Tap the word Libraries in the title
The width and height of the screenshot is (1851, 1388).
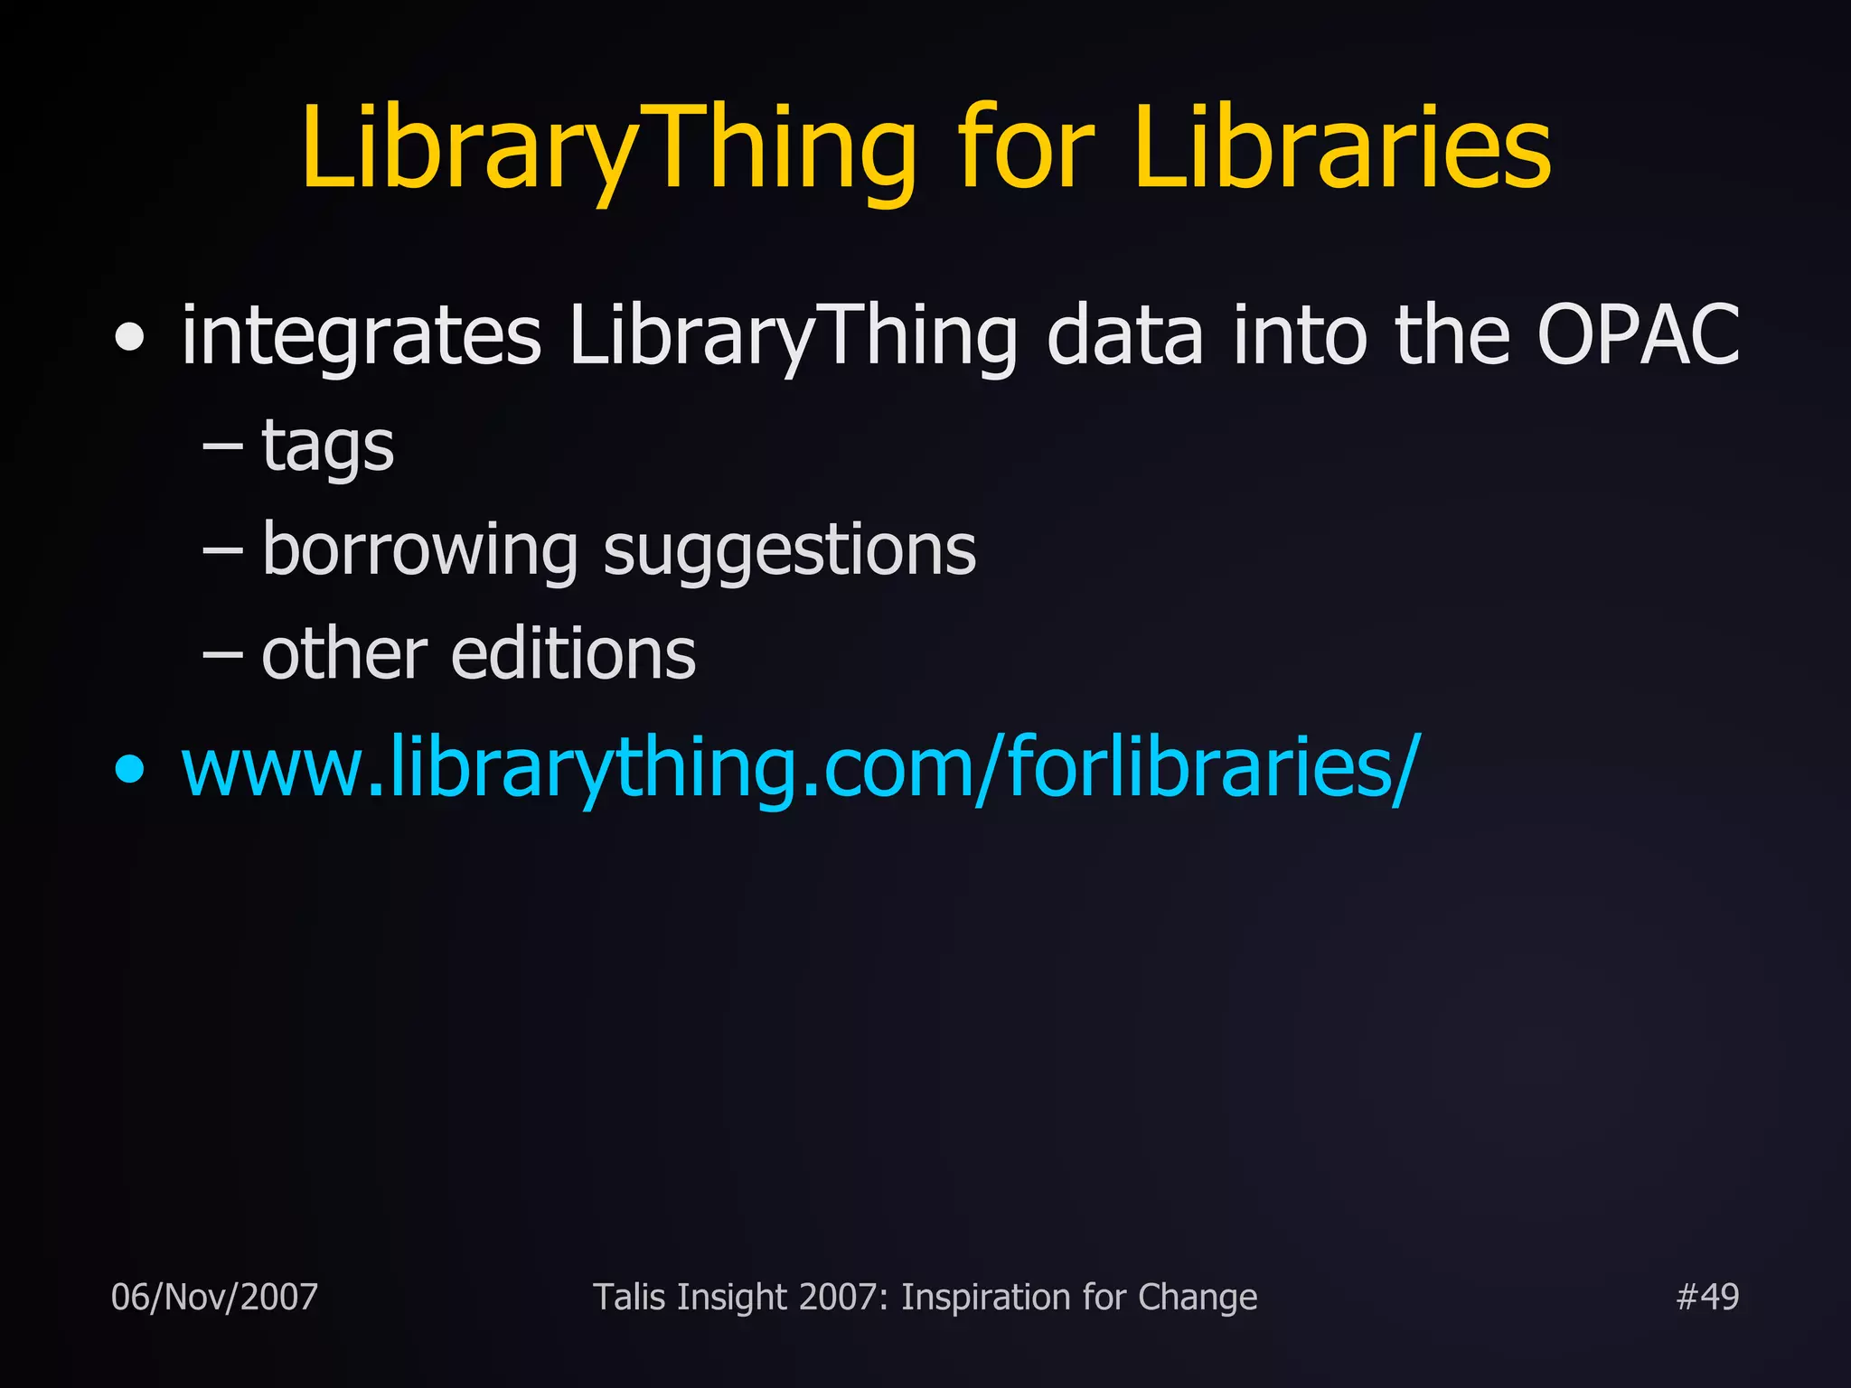1342,149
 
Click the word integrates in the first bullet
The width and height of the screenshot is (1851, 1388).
362,336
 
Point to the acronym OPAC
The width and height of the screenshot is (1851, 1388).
1638,336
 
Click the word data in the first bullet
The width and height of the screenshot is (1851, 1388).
1124,336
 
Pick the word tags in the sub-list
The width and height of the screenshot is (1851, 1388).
327,447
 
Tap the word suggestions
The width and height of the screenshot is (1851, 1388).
789,550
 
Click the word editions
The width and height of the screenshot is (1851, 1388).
573,654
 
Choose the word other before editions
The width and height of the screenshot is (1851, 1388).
344,654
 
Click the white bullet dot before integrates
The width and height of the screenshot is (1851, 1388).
130,338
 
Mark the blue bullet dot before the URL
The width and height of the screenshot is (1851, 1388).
130,770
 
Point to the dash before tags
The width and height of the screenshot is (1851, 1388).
222,446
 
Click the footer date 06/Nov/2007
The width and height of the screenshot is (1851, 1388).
214,1297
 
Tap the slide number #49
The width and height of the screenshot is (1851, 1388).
1706,1297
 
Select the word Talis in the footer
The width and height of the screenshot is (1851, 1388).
629,1297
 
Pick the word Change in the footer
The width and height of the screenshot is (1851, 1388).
1198,1297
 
